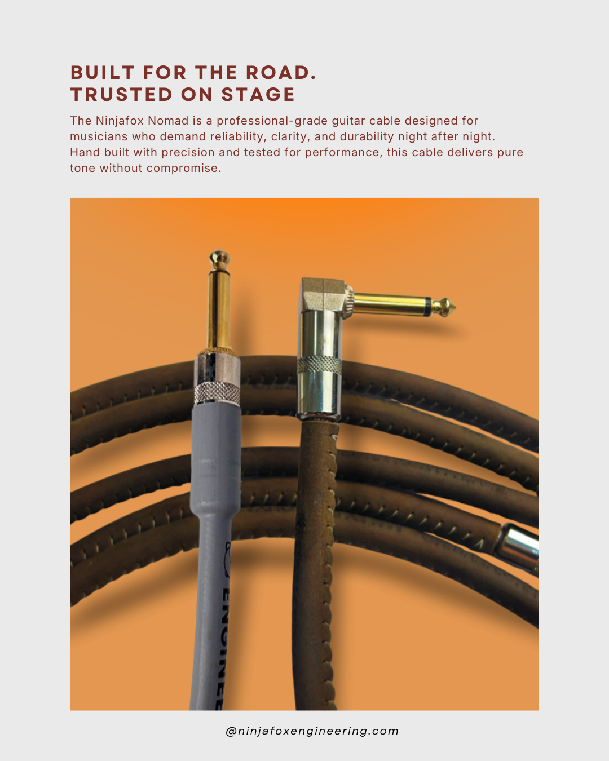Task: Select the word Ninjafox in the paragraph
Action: pyautogui.click(x=120, y=121)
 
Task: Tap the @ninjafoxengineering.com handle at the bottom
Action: pyautogui.click(x=312, y=731)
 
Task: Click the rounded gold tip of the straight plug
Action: pyautogui.click(x=219, y=259)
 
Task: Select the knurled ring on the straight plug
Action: pyautogui.click(x=217, y=393)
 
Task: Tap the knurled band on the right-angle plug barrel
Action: pyautogui.click(x=319, y=365)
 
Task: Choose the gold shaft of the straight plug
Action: pyautogui.click(x=219, y=310)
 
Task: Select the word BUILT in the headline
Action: pyautogui.click(x=102, y=73)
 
